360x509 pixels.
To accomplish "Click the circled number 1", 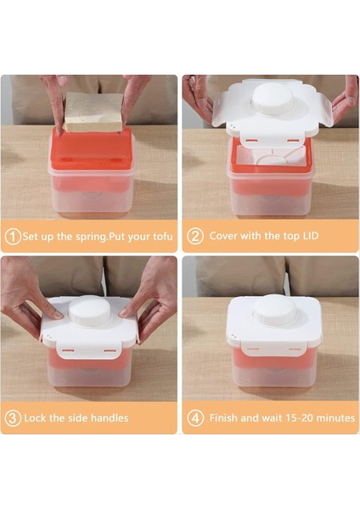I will [x=13, y=237].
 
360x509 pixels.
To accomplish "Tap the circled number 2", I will [x=194, y=237].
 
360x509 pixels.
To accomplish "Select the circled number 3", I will [x=13, y=417].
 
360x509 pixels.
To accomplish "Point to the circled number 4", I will [x=194, y=417].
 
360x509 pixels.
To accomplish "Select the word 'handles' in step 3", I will [x=107, y=417].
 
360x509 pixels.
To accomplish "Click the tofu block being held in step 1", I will [x=93, y=112].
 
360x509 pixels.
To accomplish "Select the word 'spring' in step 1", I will [x=73, y=237].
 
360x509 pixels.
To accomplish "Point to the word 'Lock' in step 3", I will [x=37, y=417].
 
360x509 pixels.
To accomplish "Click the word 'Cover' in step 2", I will [x=224, y=237].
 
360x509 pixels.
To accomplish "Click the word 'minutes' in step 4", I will [x=330, y=417].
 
